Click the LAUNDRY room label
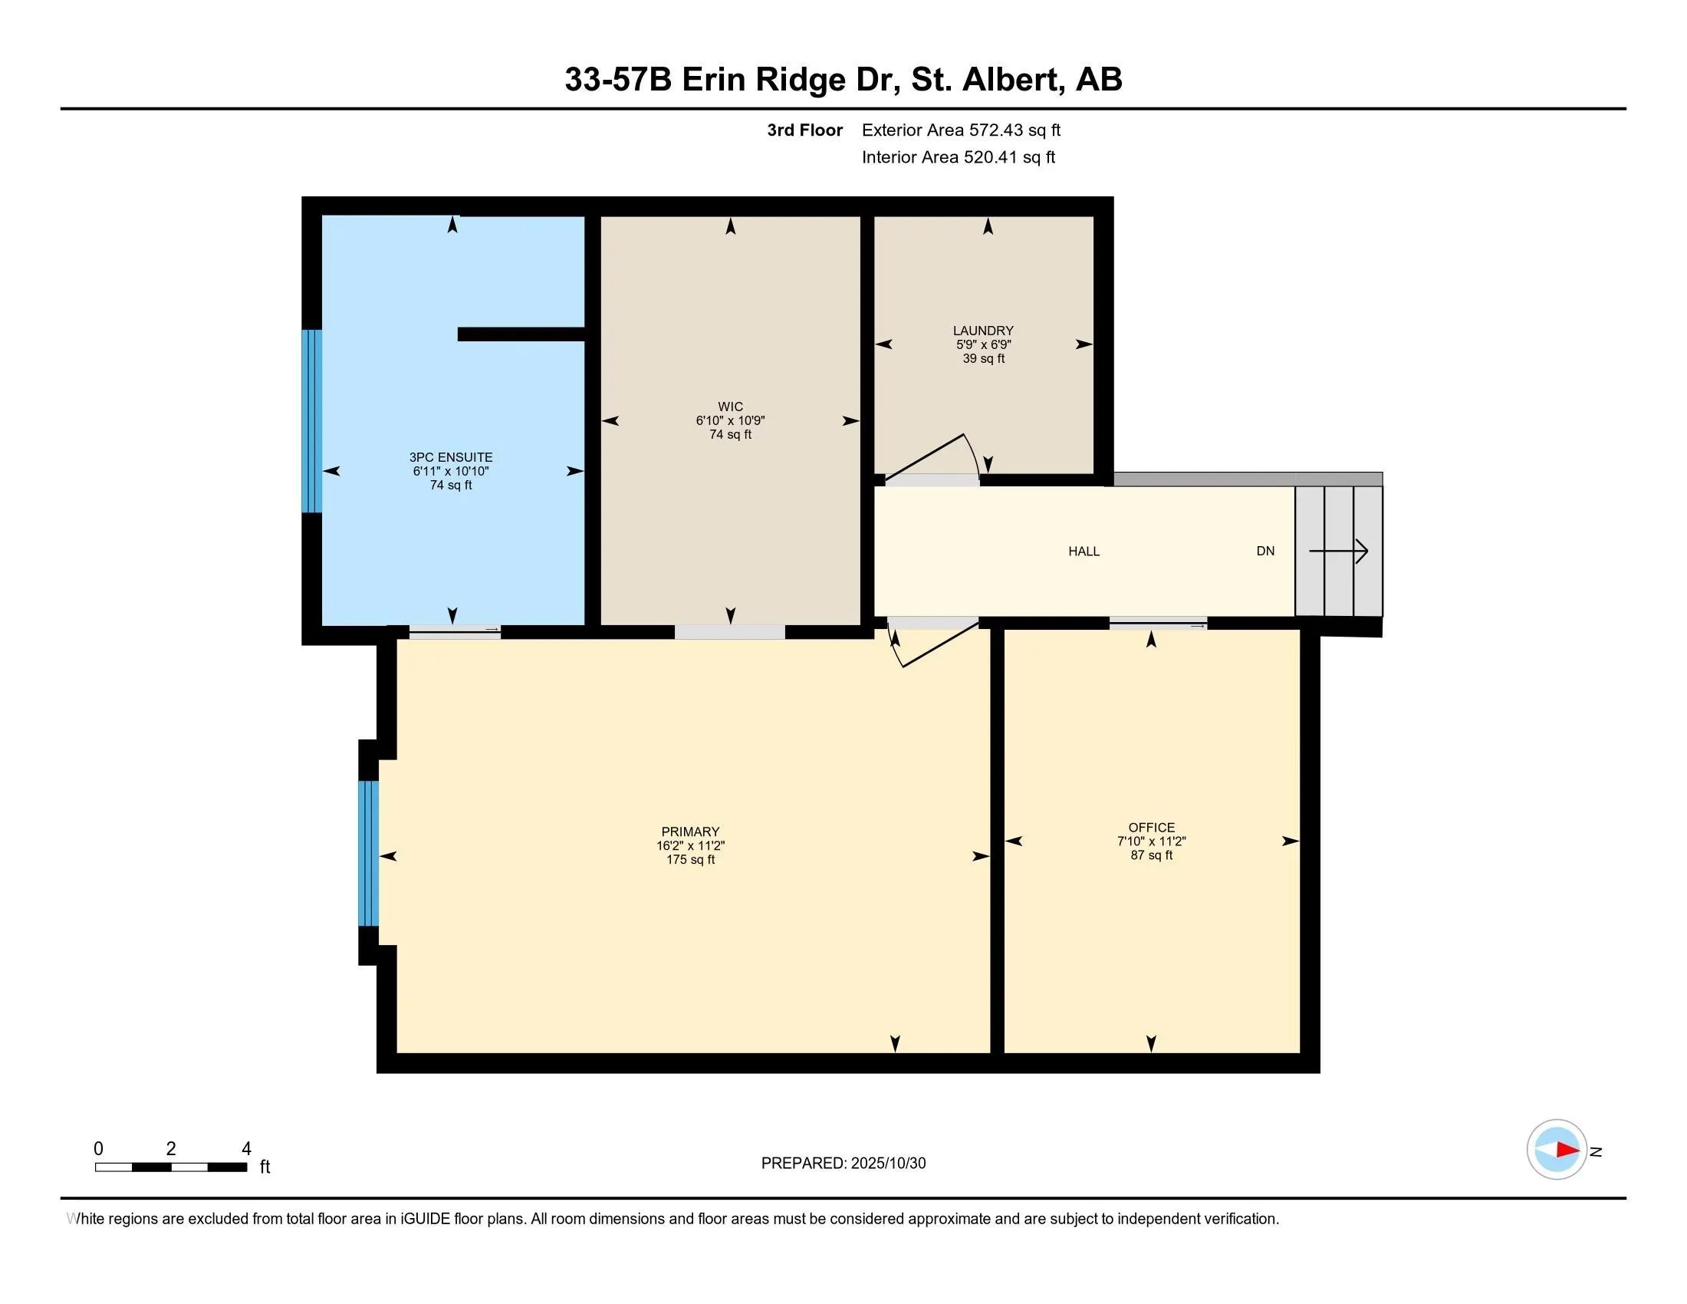(982, 331)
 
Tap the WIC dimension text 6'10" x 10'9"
(730, 421)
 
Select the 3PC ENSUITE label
(450, 457)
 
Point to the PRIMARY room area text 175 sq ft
(691, 860)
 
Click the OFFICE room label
(1151, 828)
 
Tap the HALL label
(1084, 552)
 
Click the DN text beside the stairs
(1265, 552)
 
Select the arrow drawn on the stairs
(1339, 552)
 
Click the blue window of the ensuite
(311, 421)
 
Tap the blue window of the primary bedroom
(368, 853)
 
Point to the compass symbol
(1556, 1150)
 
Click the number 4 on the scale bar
(246, 1149)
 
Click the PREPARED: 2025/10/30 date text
(843, 1164)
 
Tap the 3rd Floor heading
(804, 130)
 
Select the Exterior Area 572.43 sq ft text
(961, 130)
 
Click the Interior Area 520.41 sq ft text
(958, 157)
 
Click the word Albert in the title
(1011, 80)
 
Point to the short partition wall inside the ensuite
(521, 334)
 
